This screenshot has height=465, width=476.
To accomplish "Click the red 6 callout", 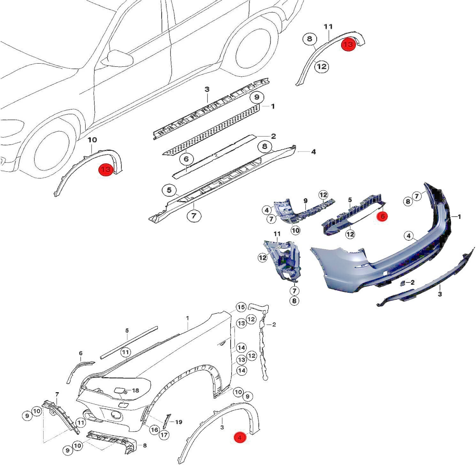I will point(382,216).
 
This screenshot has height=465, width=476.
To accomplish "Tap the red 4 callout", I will point(240,437).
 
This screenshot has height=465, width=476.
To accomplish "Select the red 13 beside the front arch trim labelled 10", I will point(106,169).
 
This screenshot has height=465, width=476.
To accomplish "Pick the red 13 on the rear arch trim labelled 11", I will point(348,44).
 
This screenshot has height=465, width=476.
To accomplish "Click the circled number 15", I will point(241,307).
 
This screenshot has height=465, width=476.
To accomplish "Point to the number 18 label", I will point(135,391).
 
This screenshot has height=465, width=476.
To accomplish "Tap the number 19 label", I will point(179,422).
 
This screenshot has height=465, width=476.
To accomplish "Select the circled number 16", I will point(154,429).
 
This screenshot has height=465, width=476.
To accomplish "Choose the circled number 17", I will point(164,435).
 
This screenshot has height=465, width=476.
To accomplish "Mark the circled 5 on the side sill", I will point(169,190).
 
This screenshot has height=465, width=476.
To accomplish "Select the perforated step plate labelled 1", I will point(211,129).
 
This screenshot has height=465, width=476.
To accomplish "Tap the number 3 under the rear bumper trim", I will point(440,294).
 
